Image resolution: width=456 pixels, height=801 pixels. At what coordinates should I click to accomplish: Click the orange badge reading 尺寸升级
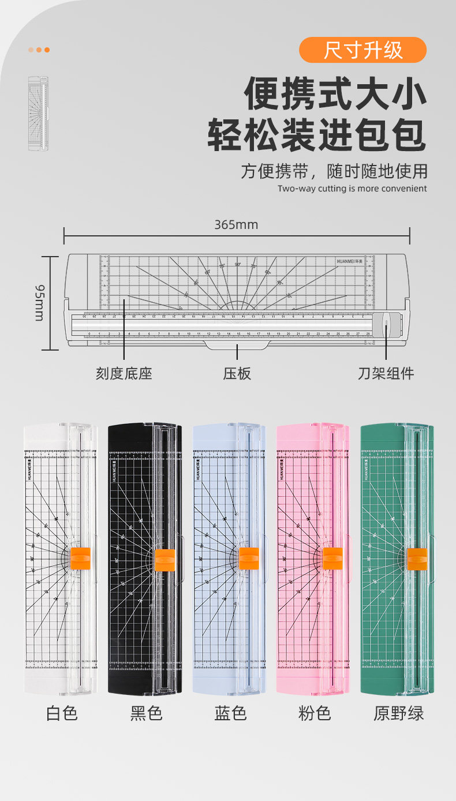pos(362,50)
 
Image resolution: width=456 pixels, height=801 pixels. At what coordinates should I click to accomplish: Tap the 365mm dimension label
pos(236,224)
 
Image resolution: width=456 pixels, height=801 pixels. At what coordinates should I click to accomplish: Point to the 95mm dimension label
pos(39,302)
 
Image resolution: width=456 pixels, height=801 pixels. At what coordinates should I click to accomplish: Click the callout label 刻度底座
pos(124,373)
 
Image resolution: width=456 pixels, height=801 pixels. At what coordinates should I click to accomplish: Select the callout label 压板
pos(237,373)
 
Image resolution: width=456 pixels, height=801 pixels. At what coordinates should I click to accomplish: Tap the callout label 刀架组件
pos(386,373)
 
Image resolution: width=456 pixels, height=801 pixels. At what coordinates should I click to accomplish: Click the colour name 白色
pos(62,713)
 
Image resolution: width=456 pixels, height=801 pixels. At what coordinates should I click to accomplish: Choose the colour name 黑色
pos(146,713)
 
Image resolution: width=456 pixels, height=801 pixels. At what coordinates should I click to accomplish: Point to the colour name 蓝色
pos(230,713)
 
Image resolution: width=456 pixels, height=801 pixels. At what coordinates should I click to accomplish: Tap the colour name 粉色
pos(315,713)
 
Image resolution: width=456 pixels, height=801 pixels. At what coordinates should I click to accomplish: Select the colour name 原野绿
pos(398,713)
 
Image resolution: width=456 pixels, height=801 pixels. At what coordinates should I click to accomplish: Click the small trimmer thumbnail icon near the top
pos(39,114)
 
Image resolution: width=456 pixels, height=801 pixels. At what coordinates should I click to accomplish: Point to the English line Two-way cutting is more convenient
pos(352,189)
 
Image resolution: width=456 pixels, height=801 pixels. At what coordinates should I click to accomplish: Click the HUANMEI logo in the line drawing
pos(350,261)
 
